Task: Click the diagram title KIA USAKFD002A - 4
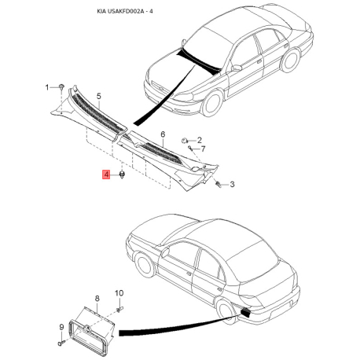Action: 125,12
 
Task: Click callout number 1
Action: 47,87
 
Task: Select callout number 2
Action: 200,140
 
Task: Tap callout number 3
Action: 232,185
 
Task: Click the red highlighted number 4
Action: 106,174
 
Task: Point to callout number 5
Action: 98,96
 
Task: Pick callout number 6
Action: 163,134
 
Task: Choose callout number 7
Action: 203,149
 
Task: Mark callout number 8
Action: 97,298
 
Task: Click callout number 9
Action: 61,327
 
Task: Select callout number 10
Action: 119,293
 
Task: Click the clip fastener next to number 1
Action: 61,86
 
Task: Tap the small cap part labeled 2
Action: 184,141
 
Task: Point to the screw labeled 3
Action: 219,184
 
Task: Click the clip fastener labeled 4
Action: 122,174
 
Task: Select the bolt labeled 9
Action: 61,343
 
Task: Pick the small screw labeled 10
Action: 119,310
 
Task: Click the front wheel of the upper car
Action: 212,104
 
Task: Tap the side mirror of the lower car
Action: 165,252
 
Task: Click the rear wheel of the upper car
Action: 290,60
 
